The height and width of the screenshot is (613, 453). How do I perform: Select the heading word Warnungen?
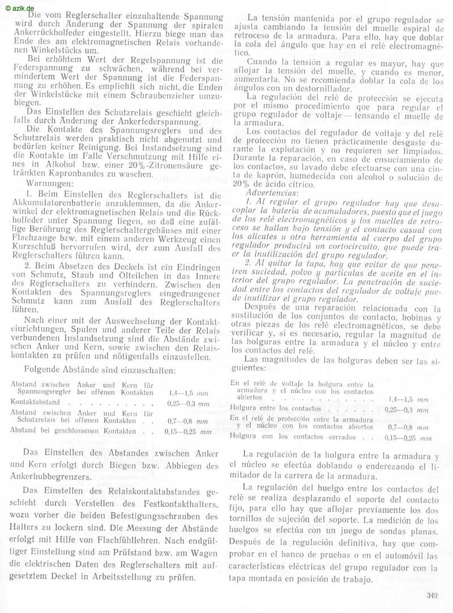click(48, 184)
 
